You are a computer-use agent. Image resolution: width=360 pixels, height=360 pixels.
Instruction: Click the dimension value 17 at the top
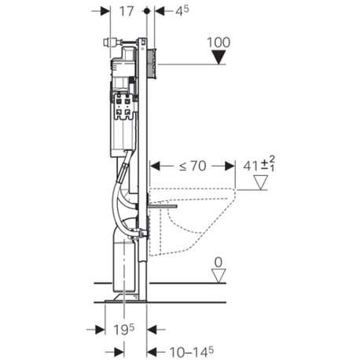127,11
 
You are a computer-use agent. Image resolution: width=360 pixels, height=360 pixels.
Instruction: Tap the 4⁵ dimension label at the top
182,11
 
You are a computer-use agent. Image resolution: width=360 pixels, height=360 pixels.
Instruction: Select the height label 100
219,42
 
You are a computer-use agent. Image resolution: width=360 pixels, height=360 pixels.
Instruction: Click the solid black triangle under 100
219,57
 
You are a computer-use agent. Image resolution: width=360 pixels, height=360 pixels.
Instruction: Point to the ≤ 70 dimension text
193,166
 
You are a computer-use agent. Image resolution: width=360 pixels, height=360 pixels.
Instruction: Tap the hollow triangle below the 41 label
261,182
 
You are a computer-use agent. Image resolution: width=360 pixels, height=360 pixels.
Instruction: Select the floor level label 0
219,263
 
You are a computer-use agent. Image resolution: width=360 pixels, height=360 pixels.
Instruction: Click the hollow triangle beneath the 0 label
219,277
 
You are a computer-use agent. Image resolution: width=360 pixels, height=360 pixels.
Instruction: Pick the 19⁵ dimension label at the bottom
123,329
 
